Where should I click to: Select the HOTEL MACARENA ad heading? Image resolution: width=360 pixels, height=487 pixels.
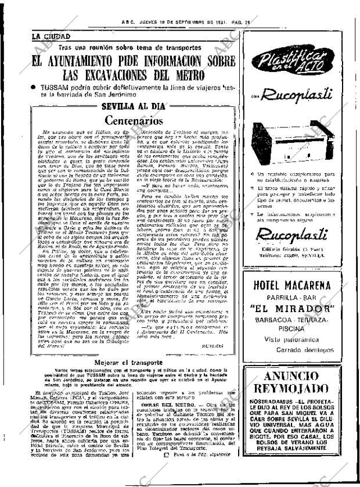(x=300, y=286)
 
